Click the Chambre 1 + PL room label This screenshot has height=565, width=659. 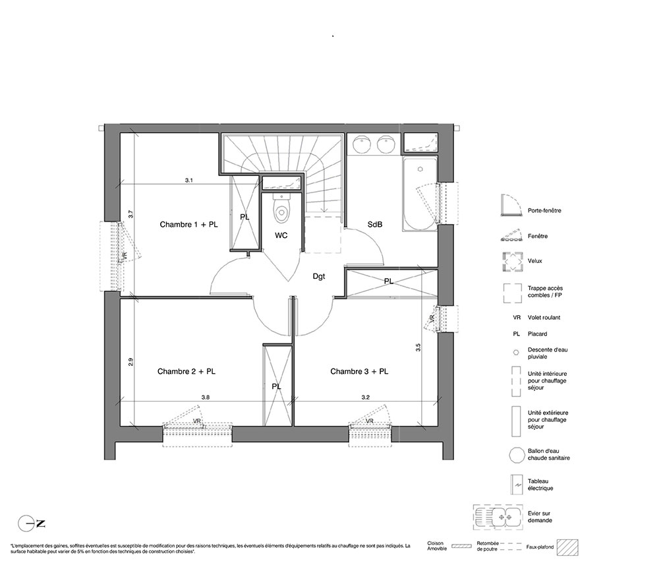[188, 225]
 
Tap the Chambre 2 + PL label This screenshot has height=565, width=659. [186, 372]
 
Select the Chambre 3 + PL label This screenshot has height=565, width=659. [359, 372]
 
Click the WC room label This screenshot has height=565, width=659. [281, 235]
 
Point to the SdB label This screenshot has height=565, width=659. [375, 225]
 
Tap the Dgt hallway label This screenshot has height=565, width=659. [319, 277]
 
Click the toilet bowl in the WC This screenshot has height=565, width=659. [281, 208]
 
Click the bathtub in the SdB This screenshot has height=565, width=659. [420, 194]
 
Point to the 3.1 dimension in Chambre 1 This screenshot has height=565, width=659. [188, 181]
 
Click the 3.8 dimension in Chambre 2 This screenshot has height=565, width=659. [205, 398]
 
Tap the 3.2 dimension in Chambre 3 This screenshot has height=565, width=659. [366, 398]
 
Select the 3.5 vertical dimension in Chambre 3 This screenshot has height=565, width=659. [418, 347]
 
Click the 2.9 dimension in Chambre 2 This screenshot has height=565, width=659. [130, 362]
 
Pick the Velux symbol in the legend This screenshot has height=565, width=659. [512, 261]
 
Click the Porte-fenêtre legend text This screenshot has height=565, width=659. [544, 210]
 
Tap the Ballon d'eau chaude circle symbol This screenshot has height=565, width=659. [516, 456]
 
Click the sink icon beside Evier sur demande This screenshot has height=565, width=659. [498, 517]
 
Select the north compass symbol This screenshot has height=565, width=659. [32, 523]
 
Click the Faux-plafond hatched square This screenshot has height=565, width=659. [567, 547]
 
